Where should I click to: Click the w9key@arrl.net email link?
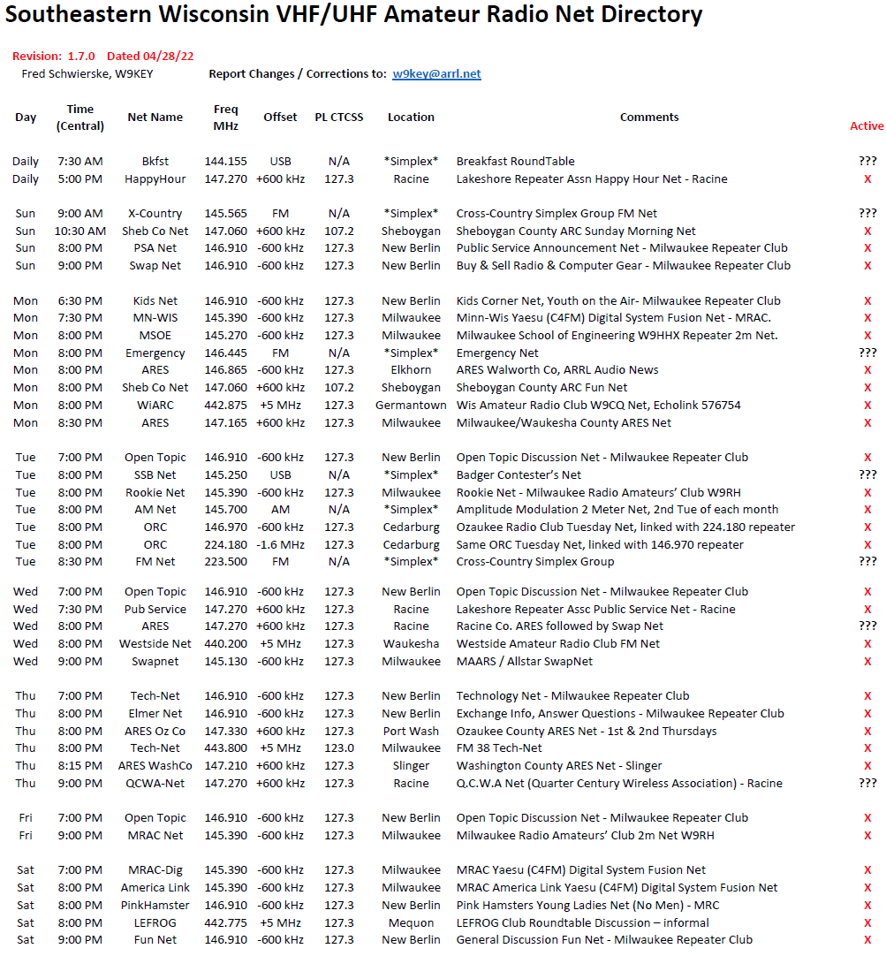tap(436, 74)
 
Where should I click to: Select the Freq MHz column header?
tap(225, 117)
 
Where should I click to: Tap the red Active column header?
tap(866, 125)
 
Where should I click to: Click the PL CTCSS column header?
tap(339, 117)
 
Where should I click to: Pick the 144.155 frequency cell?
tap(225, 162)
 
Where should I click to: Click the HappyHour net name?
tap(155, 179)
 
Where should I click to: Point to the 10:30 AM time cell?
tap(80, 231)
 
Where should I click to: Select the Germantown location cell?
tap(411, 406)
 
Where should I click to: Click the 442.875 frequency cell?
tap(225, 406)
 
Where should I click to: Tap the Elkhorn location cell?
tap(411, 370)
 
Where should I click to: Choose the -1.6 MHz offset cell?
tap(280, 544)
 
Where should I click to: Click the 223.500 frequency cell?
tap(225, 562)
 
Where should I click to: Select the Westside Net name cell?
tap(155, 644)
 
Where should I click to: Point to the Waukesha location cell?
tap(411, 644)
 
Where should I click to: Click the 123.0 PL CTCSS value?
tap(339, 748)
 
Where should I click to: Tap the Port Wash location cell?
tap(411, 731)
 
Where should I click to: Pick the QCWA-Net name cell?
tap(155, 784)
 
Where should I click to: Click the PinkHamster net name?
tap(155, 906)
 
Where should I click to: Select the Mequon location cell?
tap(411, 922)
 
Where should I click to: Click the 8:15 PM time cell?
tap(80, 766)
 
